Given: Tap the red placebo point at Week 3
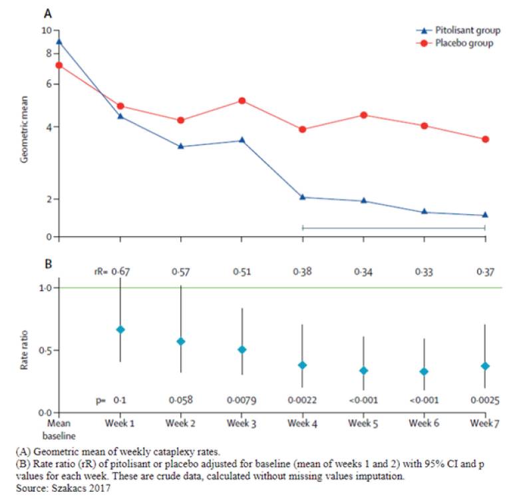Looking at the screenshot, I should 242,100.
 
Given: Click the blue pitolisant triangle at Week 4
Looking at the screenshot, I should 303,197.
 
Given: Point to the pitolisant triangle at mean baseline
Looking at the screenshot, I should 59,41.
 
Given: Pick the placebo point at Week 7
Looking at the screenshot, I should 485,139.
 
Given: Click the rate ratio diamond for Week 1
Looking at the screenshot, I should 120,329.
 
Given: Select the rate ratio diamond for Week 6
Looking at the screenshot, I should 424,371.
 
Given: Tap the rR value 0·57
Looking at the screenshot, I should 181,271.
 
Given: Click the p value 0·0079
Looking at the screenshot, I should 242,400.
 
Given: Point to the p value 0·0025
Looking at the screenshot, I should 484,400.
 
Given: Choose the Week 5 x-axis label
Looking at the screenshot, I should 363,423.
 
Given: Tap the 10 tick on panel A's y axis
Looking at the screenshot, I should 46,31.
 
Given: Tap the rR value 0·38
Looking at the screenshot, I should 302,271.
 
